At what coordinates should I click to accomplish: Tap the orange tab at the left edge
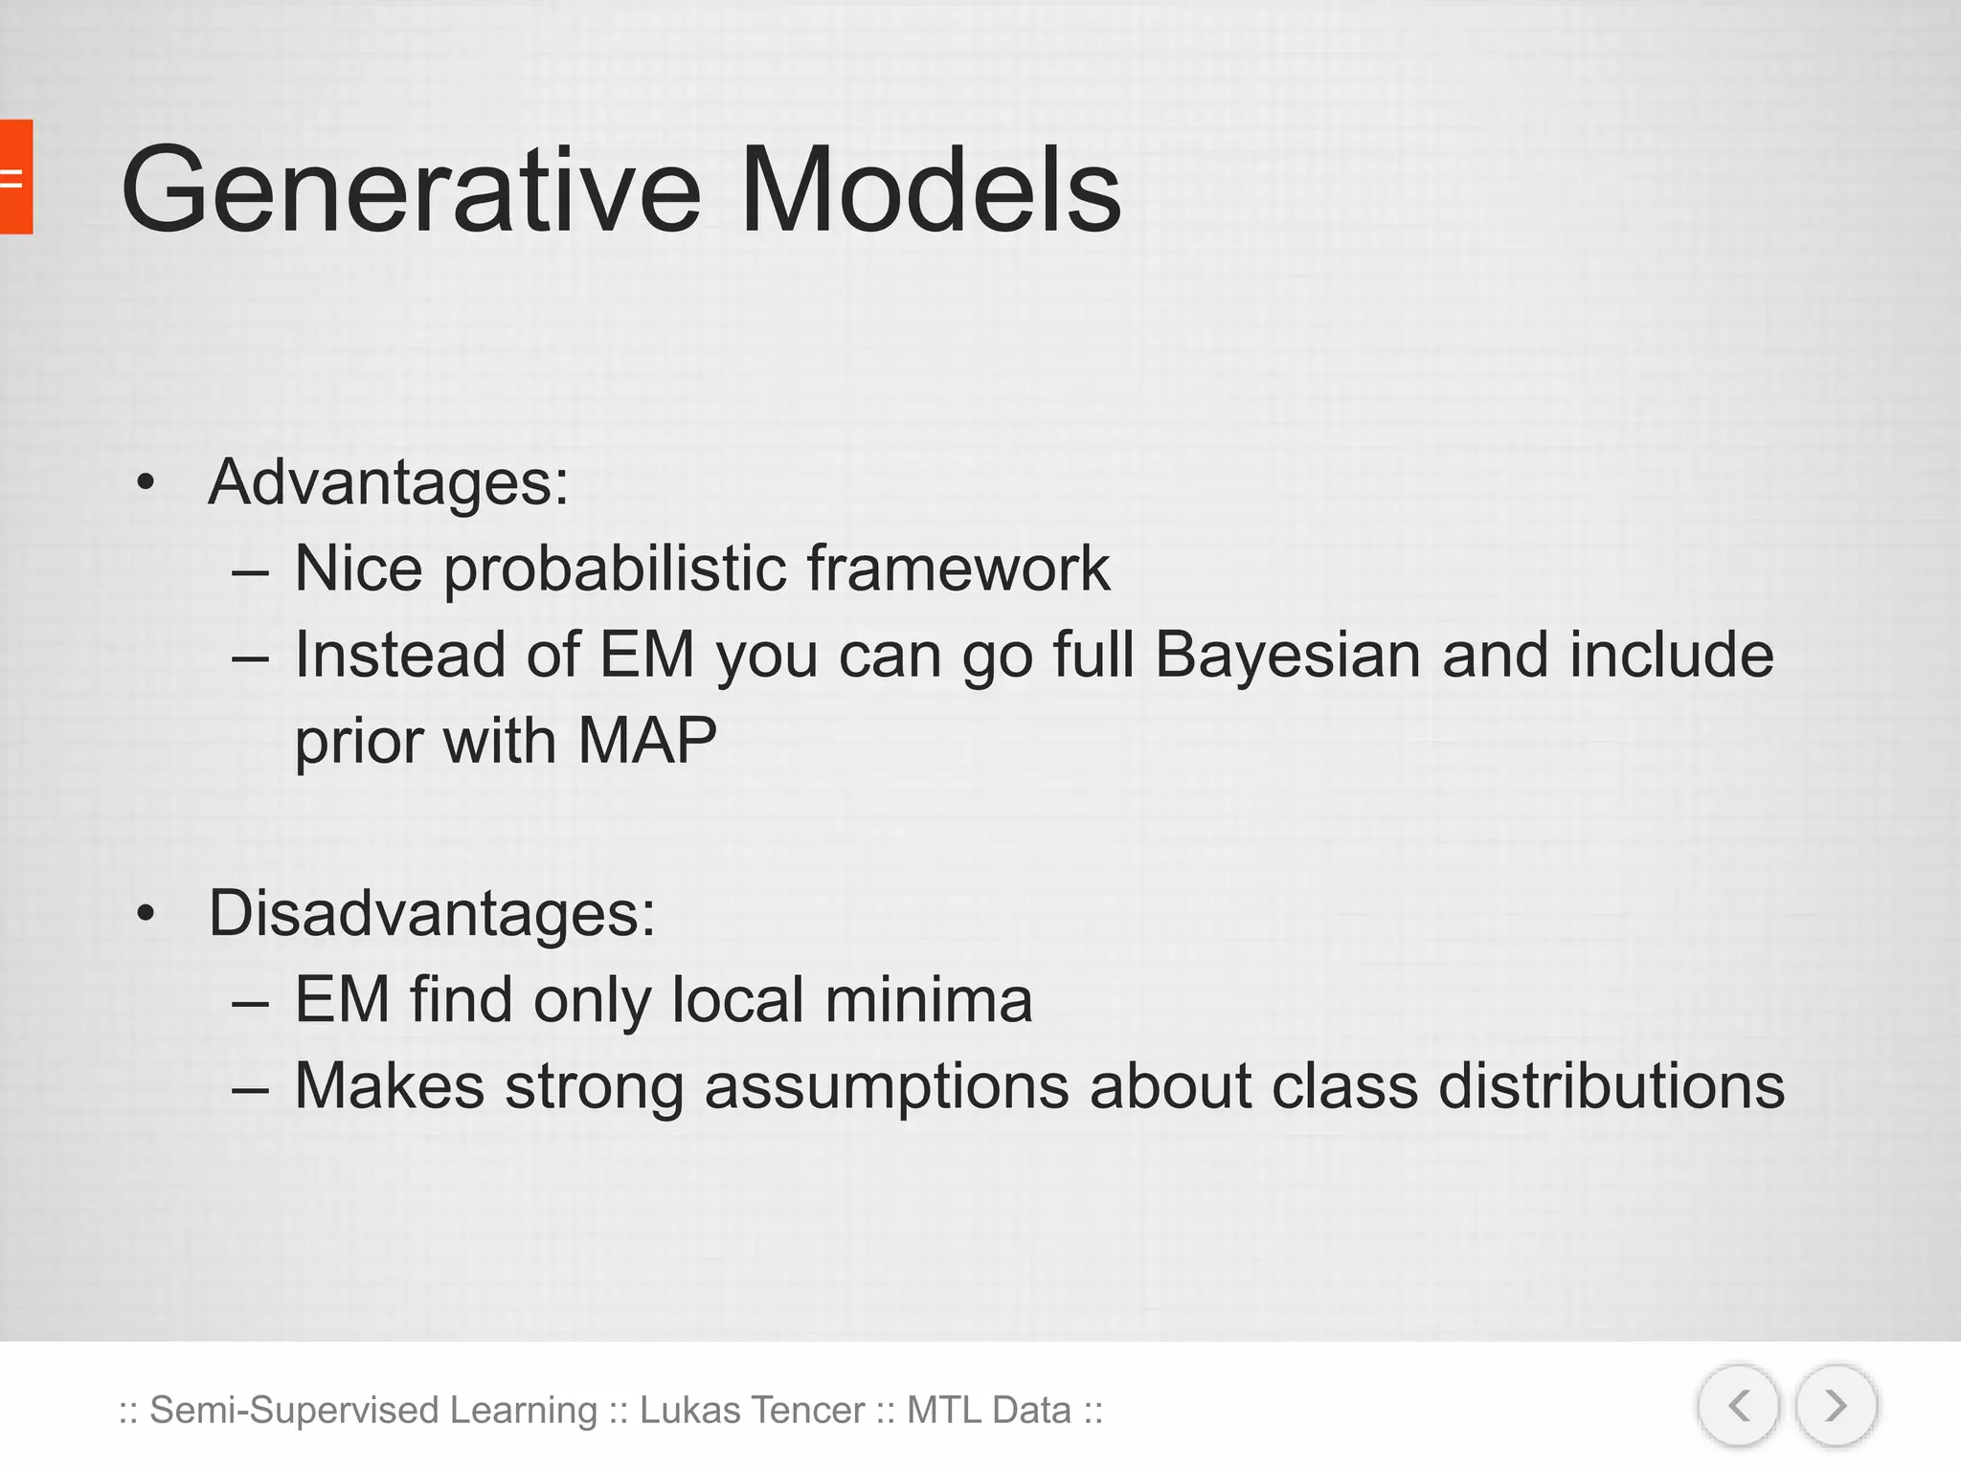[x=15, y=177]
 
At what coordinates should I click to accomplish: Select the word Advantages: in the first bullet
[x=388, y=482]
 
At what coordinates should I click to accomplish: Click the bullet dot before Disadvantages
[x=145, y=914]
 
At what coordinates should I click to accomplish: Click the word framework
[x=958, y=568]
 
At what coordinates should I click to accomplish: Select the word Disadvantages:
[x=432, y=914]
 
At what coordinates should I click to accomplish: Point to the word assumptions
[x=887, y=1088]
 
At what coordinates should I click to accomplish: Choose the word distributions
[x=1612, y=1086]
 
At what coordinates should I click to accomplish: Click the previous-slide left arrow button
[x=1739, y=1406]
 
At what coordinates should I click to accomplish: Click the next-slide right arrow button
[x=1836, y=1406]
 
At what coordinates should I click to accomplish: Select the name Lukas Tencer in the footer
[x=753, y=1411]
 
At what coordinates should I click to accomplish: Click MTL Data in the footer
[x=989, y=1411]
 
